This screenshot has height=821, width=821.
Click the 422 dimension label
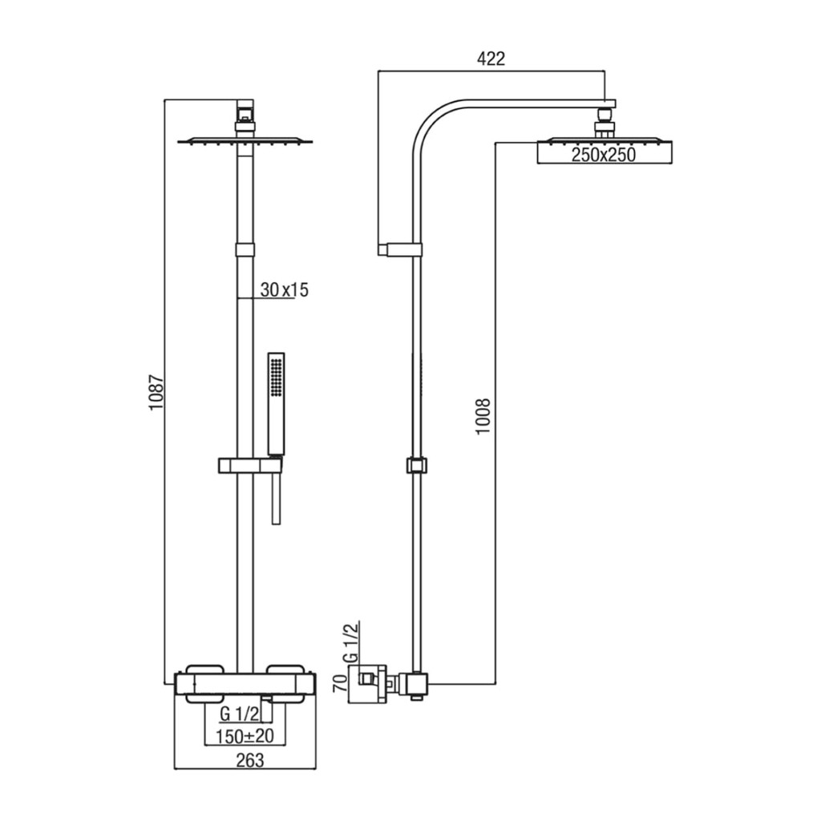(x=491, y=59)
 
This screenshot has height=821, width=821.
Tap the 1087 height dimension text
(x=156, y=392)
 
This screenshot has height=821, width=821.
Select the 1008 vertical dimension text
(x=482, y=416)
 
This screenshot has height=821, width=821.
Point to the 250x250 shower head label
(x=604, y=155)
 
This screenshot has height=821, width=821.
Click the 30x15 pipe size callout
(x=285, y=289)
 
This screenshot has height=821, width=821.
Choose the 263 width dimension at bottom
(x=250, y=760)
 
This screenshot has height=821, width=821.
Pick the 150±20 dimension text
(x=245, y=736)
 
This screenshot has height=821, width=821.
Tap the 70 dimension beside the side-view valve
(x=340, y=683)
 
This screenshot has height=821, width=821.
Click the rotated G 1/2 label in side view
(x=353, y=642)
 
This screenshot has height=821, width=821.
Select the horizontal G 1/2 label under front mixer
(x=239, y=714)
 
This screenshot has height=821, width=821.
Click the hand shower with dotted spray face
(x=276, y=403)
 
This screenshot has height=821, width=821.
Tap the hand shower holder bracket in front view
(x=249, y=465)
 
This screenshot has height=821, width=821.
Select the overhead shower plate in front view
(x=245, y=141)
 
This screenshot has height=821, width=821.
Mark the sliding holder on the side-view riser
(x=416, y=465)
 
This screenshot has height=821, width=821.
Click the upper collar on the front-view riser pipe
(x=245, y=249)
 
